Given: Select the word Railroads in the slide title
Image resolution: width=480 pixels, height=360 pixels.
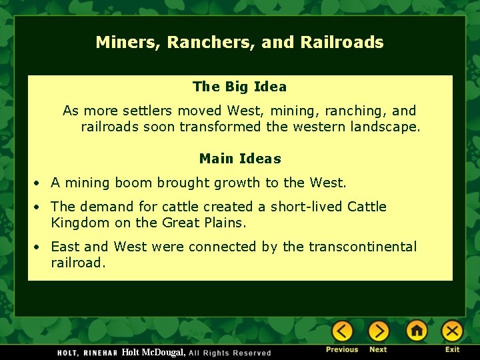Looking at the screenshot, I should coord(342,43).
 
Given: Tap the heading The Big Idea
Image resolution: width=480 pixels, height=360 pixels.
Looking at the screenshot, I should coord(239,87).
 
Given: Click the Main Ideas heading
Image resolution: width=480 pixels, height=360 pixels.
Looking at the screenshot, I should coord(240,159).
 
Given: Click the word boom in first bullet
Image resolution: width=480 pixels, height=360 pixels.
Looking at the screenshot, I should coord(150,183).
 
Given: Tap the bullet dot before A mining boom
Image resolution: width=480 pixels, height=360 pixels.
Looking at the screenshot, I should coord(39,183).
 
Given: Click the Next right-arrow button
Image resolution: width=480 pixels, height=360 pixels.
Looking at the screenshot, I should coord(378,331).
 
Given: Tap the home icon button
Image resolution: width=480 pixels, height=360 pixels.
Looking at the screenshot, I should coord(417,331).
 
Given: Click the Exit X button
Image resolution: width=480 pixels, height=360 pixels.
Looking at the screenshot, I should coord(452,331).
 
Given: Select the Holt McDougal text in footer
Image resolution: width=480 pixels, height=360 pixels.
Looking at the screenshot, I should coord(153,352).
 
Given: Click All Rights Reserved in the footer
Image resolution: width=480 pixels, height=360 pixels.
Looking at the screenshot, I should coord(230,353).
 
